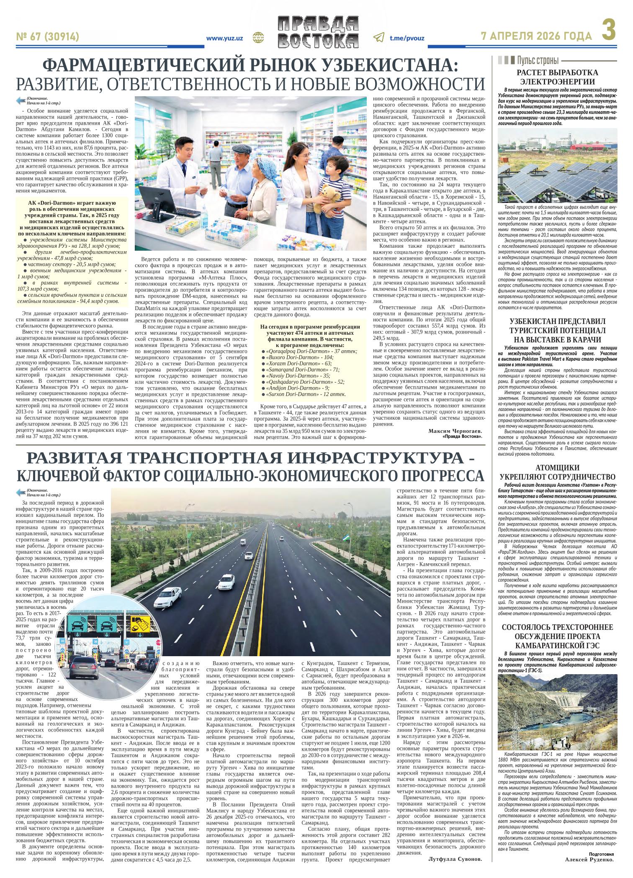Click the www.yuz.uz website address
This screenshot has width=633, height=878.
coord(225,38)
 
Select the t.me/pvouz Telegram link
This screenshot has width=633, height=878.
coord(407,38)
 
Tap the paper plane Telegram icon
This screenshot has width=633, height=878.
coord(378,38)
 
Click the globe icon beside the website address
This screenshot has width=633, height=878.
coord(257,38)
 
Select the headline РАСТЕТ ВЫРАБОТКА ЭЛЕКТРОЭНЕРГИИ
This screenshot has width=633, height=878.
coord(557,77)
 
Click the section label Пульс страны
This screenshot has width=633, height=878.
coord(538,60)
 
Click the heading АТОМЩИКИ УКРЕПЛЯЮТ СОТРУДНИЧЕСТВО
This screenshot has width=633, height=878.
coord(557,472)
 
